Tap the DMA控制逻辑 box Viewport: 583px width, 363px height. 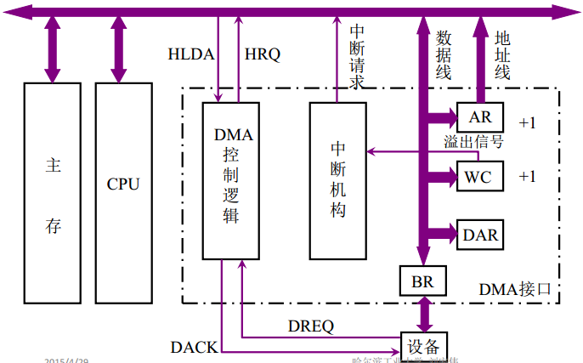[x=230, y=180]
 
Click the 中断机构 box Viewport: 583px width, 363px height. [x=337, y=180]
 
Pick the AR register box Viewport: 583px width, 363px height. [x=480, y=116]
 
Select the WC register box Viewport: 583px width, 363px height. [x=480, y=178]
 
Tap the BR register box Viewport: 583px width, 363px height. [x=422, y=281]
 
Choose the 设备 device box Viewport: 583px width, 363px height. [x=422, y=345]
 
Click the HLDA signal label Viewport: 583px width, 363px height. [x=190, y=53]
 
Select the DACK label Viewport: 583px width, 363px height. [x=193, y=346]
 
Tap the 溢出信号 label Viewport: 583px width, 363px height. [x=473, y=142]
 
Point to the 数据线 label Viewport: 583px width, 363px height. [x=443, y=55]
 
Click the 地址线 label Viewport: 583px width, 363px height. [x=501, y=55]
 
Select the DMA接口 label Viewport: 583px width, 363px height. [x=515, y=289]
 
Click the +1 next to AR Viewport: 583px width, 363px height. [x=528, y=123]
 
